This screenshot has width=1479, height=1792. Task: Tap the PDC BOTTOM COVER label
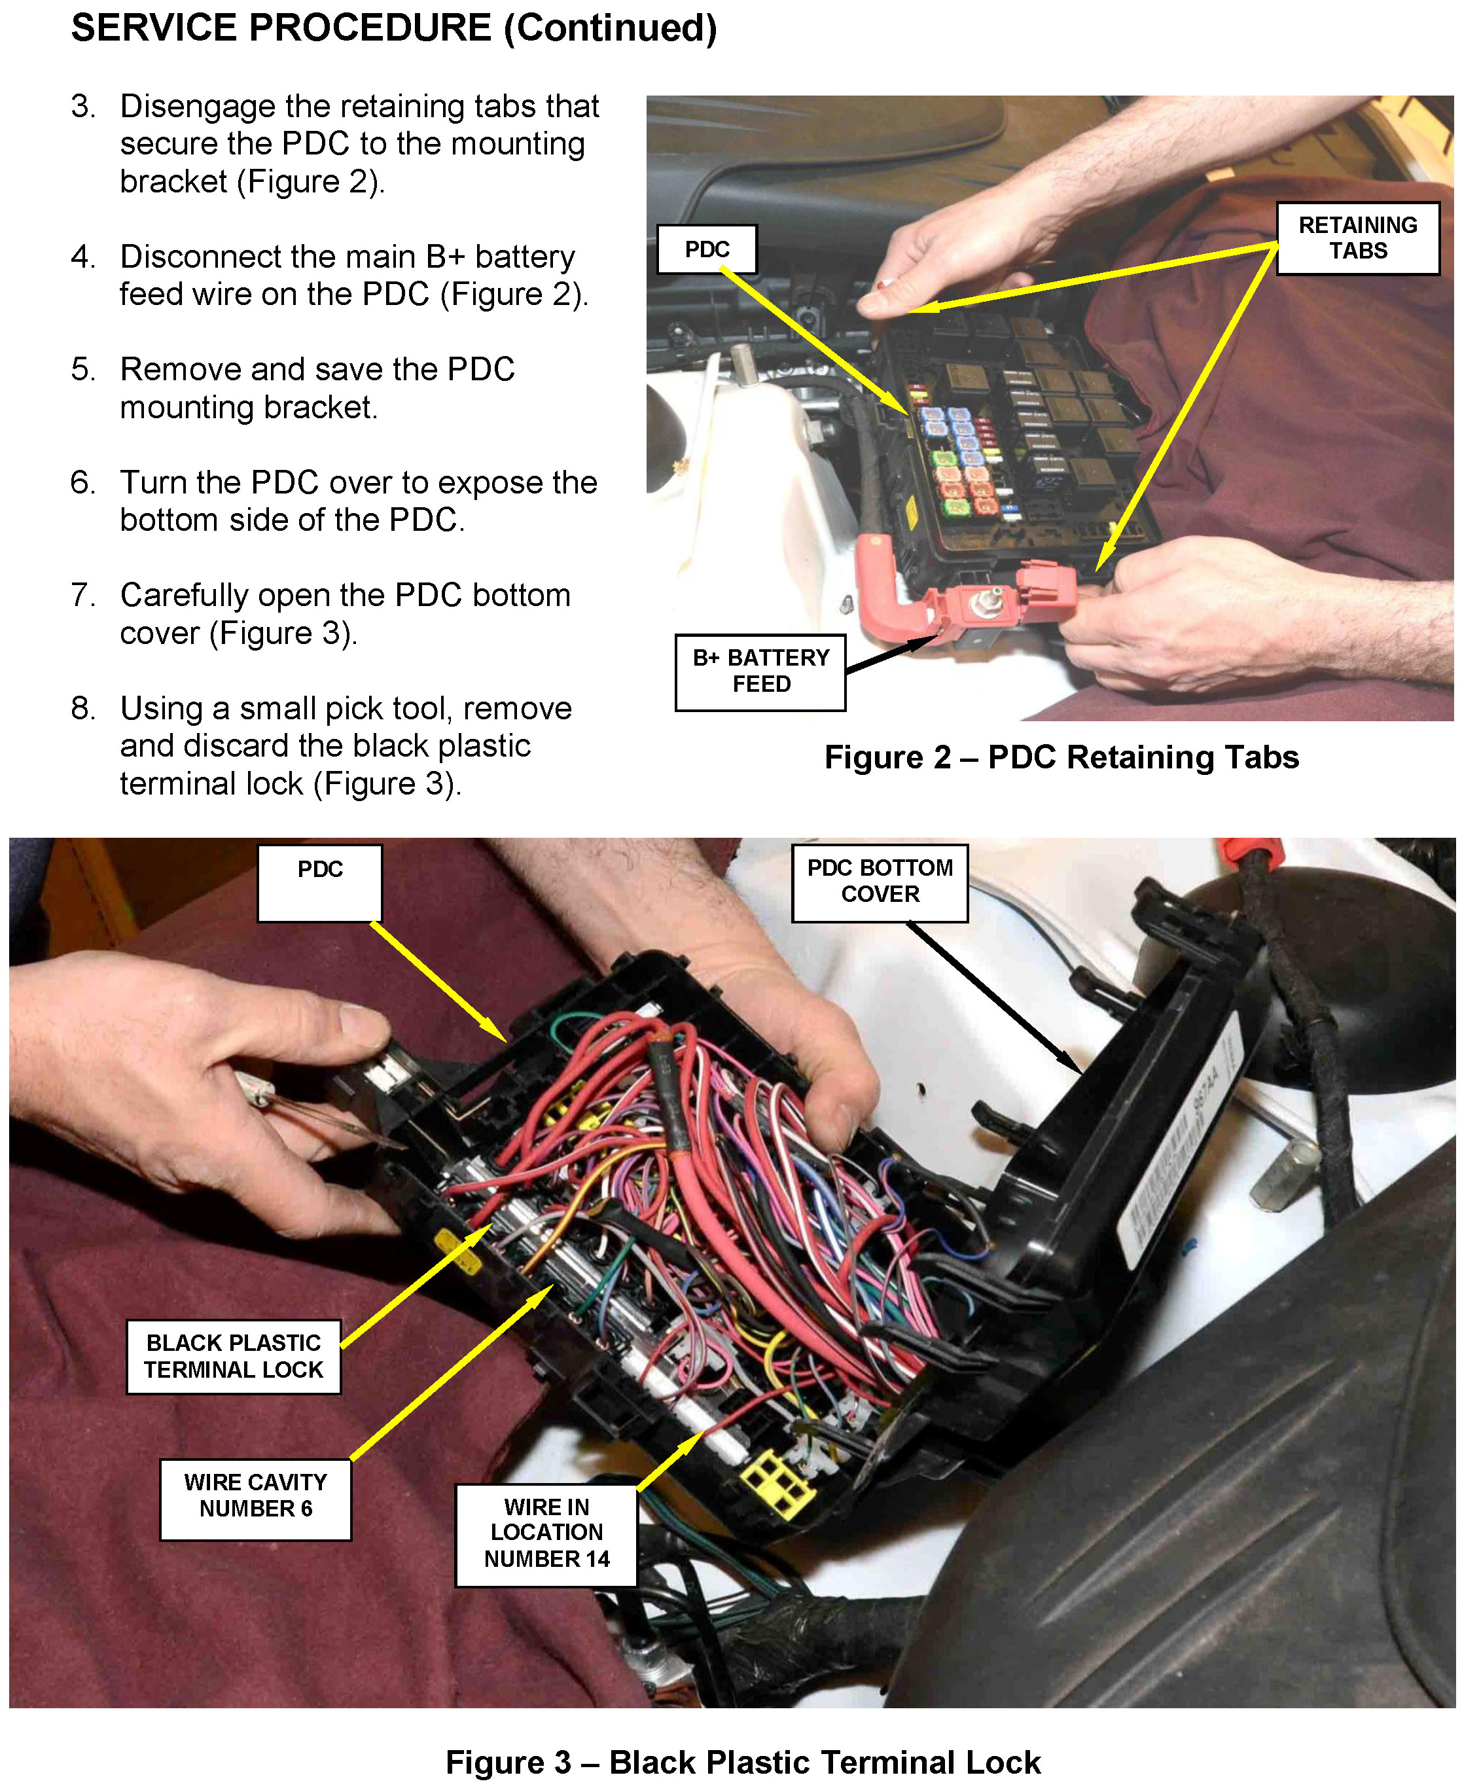(880, 882)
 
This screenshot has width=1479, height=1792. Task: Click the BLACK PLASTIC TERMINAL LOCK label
(234, 1357)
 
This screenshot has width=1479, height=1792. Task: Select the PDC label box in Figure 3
(319, 882)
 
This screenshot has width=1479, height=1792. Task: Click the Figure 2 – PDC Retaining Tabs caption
(1061, 757)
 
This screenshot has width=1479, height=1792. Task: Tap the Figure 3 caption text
(742, 1761)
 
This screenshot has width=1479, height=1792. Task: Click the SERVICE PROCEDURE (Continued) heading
(393, 28)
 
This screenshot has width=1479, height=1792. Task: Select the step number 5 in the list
(82, 369)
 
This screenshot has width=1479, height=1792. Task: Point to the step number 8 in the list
(82, 708)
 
